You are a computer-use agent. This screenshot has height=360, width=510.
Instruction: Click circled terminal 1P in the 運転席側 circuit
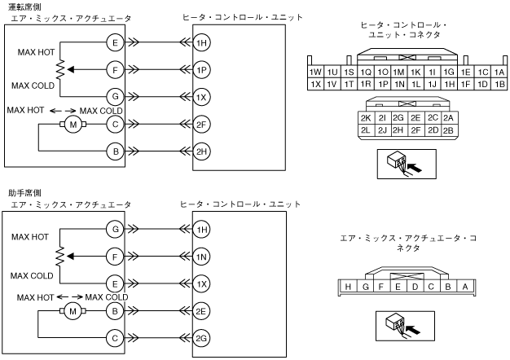click(x=201, y=70)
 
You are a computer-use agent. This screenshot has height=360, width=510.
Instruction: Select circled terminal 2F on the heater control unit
click(x=201, y=125)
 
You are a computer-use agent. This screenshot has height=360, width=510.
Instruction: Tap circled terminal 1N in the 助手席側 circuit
click(x=201, y=257)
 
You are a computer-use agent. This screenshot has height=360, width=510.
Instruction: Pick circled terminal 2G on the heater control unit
click(x=201, y=338)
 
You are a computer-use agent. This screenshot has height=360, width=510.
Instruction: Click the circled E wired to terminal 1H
click(x=115, y=42)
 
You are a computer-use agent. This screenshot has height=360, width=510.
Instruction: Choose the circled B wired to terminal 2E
click(x=115, y=311)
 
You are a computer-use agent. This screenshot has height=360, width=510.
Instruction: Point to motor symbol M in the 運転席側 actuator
click(x=73, y=125)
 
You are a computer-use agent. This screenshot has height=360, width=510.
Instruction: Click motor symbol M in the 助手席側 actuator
click(x=73, y=311)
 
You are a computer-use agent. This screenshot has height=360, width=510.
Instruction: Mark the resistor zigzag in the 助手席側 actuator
click(x=60, y=257)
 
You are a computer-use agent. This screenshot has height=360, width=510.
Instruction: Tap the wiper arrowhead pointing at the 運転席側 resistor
click(x=69, y=69)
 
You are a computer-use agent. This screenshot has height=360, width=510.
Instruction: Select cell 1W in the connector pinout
click(x=315, y=72)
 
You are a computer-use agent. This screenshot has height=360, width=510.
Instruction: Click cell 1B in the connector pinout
click(x=499, y=84)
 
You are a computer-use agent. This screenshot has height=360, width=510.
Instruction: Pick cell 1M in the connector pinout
click(x=398, y=72)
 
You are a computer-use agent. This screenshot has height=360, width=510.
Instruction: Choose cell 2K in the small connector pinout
click(x=366, y=118)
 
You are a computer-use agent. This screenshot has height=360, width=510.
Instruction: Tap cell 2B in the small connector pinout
click(x=448, y=130)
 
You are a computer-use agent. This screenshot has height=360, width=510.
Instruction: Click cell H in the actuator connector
click(x=348, y=287)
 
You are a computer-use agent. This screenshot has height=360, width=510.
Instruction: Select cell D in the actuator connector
click(x=415, y=287)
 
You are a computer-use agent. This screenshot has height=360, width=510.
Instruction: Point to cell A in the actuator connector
click(x=465, y=287)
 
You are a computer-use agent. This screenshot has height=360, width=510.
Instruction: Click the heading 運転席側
click(x=25, y=7)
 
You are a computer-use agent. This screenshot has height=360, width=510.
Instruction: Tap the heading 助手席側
click(x=25, y=193)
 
